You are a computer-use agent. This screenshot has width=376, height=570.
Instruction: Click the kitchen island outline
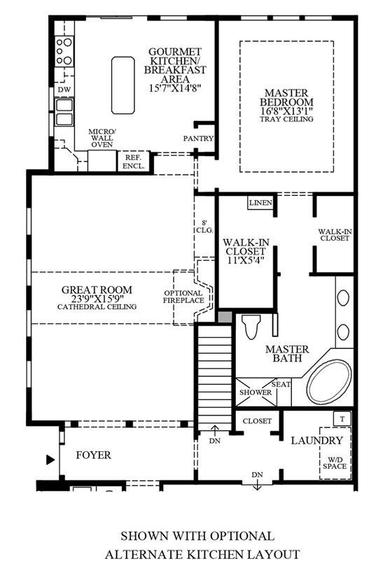112,85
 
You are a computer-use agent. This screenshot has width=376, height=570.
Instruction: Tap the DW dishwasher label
64,90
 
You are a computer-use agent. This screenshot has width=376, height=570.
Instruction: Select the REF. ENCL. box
134,162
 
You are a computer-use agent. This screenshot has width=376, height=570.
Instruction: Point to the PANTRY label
198,138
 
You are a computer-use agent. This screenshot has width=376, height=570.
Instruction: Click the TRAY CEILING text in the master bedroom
286,119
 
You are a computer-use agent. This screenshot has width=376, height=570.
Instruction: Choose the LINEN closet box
260,203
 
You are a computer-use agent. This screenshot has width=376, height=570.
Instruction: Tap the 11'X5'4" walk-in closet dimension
246,260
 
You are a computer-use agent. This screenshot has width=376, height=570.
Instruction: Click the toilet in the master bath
252,327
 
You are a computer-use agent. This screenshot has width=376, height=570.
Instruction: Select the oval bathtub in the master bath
329,382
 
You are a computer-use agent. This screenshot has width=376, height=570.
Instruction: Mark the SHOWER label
256,392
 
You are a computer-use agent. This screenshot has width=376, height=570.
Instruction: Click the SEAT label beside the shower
281,384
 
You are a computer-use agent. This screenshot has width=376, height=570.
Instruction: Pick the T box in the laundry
342,419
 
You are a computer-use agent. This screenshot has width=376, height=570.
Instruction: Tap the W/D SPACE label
335,462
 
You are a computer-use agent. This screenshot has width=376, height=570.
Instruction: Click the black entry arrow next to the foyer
50,460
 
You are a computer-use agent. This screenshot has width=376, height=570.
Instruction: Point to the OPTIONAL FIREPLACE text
183,297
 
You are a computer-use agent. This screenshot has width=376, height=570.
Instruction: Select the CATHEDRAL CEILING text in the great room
97,307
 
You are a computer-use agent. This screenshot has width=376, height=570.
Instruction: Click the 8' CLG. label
205,227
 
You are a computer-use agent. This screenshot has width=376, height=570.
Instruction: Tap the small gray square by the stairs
225,317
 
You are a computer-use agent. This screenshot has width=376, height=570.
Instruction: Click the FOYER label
94,455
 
